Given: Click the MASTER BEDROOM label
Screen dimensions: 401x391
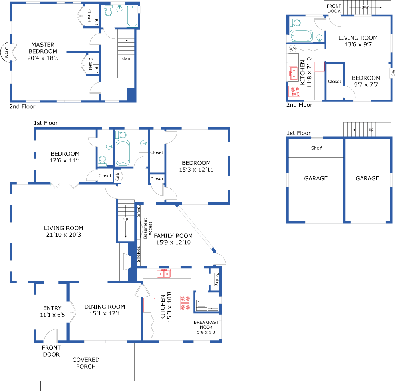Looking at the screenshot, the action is [43, 48].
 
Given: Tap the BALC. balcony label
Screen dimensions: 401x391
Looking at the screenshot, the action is [7, 52].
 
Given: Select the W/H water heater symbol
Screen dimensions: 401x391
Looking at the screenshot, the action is [292, 48].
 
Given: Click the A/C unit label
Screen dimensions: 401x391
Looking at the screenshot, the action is [393, 72].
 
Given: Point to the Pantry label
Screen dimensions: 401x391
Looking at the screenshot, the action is [217, 279].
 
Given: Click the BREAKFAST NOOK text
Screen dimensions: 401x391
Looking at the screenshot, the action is [206, 325].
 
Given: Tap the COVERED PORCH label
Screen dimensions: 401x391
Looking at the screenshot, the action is [86, 363].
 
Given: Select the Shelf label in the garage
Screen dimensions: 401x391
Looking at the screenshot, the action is [316, 148].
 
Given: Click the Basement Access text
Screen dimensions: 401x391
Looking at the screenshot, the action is [148, 228].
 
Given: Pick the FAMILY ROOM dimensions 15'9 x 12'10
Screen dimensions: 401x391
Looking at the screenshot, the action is [173, 242].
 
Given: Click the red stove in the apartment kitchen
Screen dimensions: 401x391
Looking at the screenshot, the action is [294, 92].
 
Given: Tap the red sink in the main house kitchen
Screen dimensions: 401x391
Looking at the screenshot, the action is [164, 273].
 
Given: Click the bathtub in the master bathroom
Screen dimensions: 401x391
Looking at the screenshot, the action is [133, 16].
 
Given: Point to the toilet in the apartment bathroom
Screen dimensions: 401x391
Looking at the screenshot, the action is [295, 23].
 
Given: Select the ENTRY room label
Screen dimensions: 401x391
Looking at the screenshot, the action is [52, 308].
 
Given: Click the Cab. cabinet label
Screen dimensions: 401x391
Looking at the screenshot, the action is [117, 176].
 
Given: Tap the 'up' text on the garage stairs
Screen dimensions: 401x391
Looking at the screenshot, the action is [371, 130].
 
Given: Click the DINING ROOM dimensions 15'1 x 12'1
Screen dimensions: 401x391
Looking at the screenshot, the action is [105, 313].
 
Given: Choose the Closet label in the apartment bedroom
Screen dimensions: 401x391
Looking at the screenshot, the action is [335, 82].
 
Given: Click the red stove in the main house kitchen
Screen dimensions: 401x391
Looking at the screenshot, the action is [186, 303].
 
